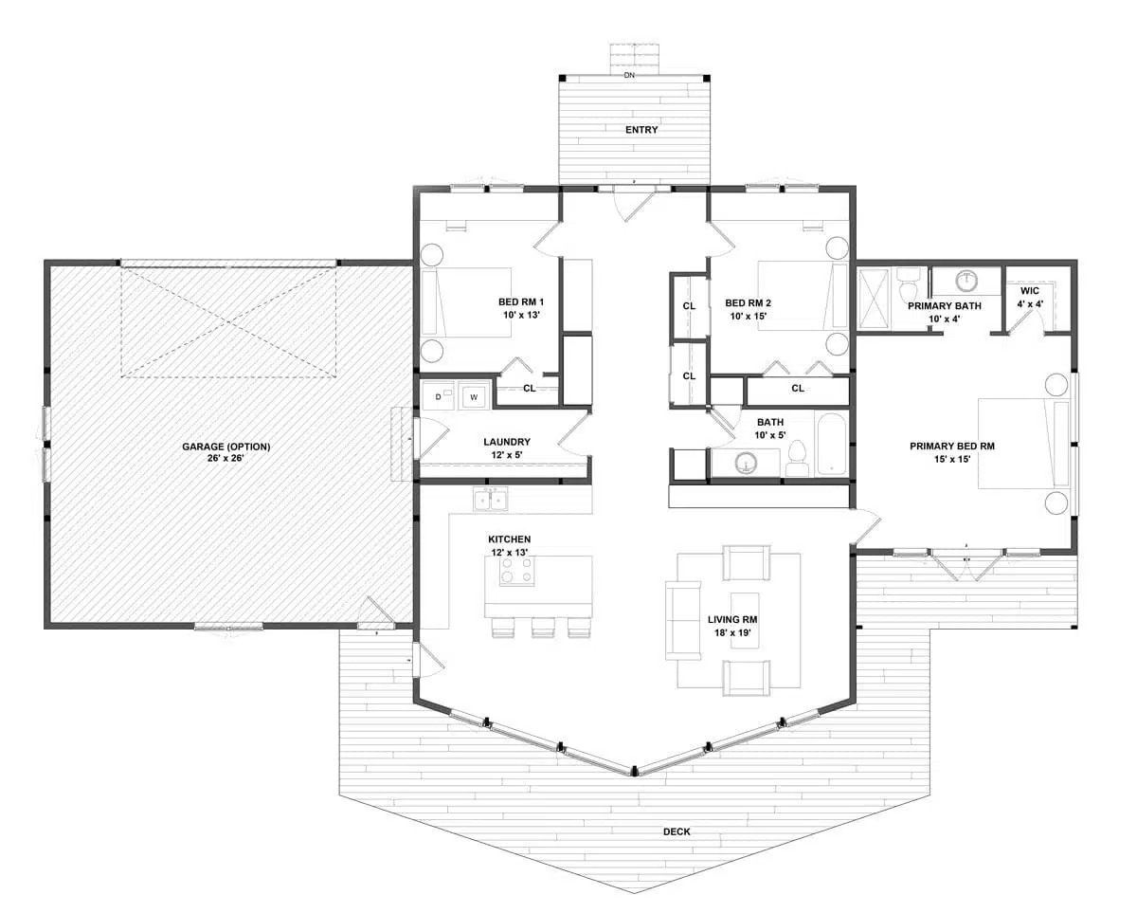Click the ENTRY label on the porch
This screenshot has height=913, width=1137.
[641, 130]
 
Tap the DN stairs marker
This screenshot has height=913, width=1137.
[629, 74]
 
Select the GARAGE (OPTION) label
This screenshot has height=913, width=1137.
[226, 447]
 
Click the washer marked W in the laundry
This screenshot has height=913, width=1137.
[473, 396]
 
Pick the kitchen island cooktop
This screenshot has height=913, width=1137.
[516, 572]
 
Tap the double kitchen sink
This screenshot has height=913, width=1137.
[491, 499]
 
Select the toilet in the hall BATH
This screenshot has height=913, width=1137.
[796, 460]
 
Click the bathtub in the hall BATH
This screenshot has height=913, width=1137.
[832, 444]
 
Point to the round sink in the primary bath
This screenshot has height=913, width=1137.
[966, 282]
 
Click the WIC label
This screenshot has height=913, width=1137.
[1030, 291]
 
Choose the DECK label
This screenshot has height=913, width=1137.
[677, 831]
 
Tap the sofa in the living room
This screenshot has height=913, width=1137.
[681, 620]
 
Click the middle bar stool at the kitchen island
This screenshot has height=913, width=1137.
[543, 627]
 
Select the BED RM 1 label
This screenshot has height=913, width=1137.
[521, 302]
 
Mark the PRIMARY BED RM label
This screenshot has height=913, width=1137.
[951, 446]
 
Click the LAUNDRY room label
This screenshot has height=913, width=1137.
[507, 442]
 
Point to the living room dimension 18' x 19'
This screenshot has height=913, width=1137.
[733, 631]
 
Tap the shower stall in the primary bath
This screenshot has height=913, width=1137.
[875, 299]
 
